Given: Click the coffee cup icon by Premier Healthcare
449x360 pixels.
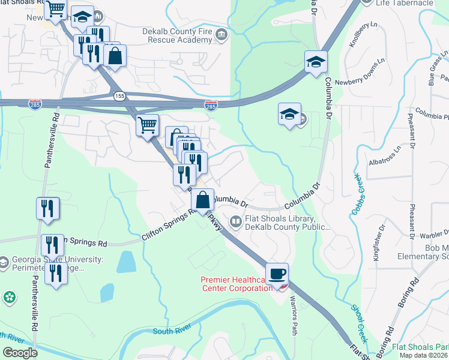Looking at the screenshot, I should click(x=277, y=274).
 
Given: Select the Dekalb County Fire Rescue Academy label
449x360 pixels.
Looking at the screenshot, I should click(x=169, y=35).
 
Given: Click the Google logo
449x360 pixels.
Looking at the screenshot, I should click(x=20, y=353).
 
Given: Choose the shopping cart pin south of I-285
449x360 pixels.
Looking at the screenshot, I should click(x=147, y=126).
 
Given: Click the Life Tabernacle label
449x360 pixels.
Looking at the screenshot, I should click(x=412, y=3).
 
